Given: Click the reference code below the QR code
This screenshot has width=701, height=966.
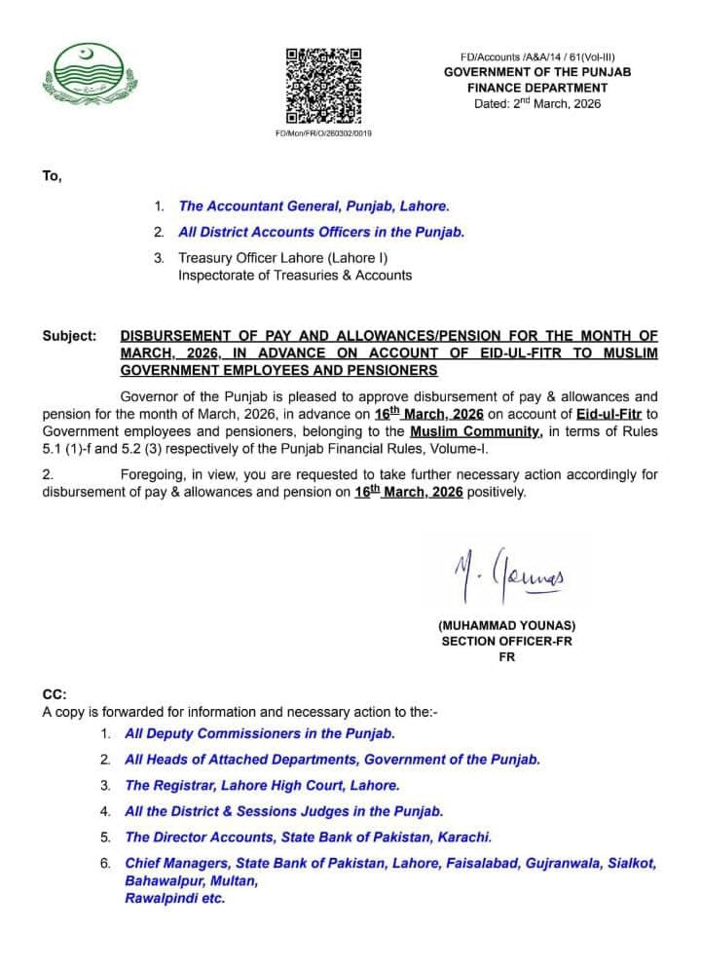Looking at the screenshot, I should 323,132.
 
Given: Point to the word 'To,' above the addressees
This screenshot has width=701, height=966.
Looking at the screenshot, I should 52,175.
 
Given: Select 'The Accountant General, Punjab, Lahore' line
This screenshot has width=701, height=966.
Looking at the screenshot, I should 313,206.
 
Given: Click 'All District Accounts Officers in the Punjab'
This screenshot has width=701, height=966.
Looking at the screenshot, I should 321,233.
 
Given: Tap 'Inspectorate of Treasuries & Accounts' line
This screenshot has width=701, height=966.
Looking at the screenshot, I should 294,276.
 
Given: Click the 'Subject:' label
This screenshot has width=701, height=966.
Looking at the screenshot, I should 69,336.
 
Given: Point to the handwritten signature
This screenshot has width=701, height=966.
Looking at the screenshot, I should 507,581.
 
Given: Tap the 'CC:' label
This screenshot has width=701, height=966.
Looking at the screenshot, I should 54,695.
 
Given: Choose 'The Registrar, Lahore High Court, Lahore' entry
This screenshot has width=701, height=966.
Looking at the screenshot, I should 262,785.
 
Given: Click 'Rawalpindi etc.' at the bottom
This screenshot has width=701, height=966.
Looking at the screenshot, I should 175,899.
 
